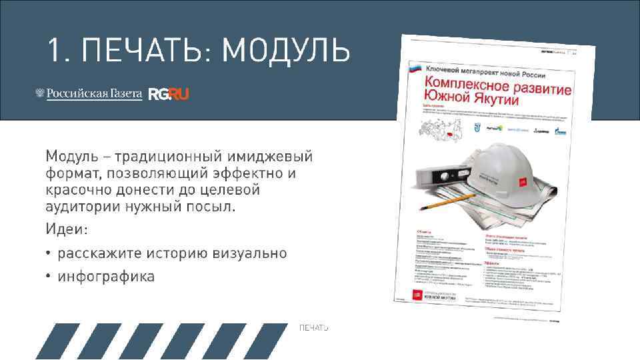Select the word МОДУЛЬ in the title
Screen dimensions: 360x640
click(286, 50)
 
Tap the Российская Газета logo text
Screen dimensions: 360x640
click(94, 94)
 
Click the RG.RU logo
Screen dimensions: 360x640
click(169, 94)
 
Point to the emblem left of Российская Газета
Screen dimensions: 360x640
click(39, 94)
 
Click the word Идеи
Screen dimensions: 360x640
click(65, 229)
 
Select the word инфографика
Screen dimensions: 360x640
click(106, 276)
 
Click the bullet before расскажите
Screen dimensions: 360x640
click(49, 254)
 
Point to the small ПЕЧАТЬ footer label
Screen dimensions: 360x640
click(314, 328)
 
